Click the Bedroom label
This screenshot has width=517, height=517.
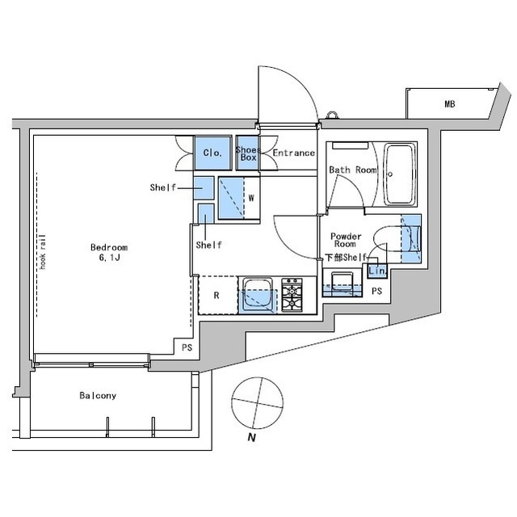point(109,247)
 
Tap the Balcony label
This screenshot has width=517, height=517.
point(98,395)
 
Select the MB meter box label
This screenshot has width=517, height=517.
point(450,104)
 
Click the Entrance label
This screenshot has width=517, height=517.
point(293,153)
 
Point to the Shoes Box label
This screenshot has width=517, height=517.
point(248,153)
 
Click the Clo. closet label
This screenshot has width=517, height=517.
point(212,153)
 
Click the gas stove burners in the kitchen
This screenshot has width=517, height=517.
point(292,295)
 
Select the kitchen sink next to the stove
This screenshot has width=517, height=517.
point(258,295)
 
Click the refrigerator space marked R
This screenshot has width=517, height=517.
point(217,295)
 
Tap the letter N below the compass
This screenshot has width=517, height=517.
point(252,438)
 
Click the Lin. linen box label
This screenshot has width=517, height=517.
point(377,271)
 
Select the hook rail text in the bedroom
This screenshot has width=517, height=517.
point(42,251)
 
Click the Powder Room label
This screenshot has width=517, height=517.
point(346,240)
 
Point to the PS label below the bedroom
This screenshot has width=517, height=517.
point(187,347)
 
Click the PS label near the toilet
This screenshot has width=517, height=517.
point(377,291)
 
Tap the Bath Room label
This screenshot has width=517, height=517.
point(353,170)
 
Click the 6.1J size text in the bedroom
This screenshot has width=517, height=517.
point(109,258)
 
